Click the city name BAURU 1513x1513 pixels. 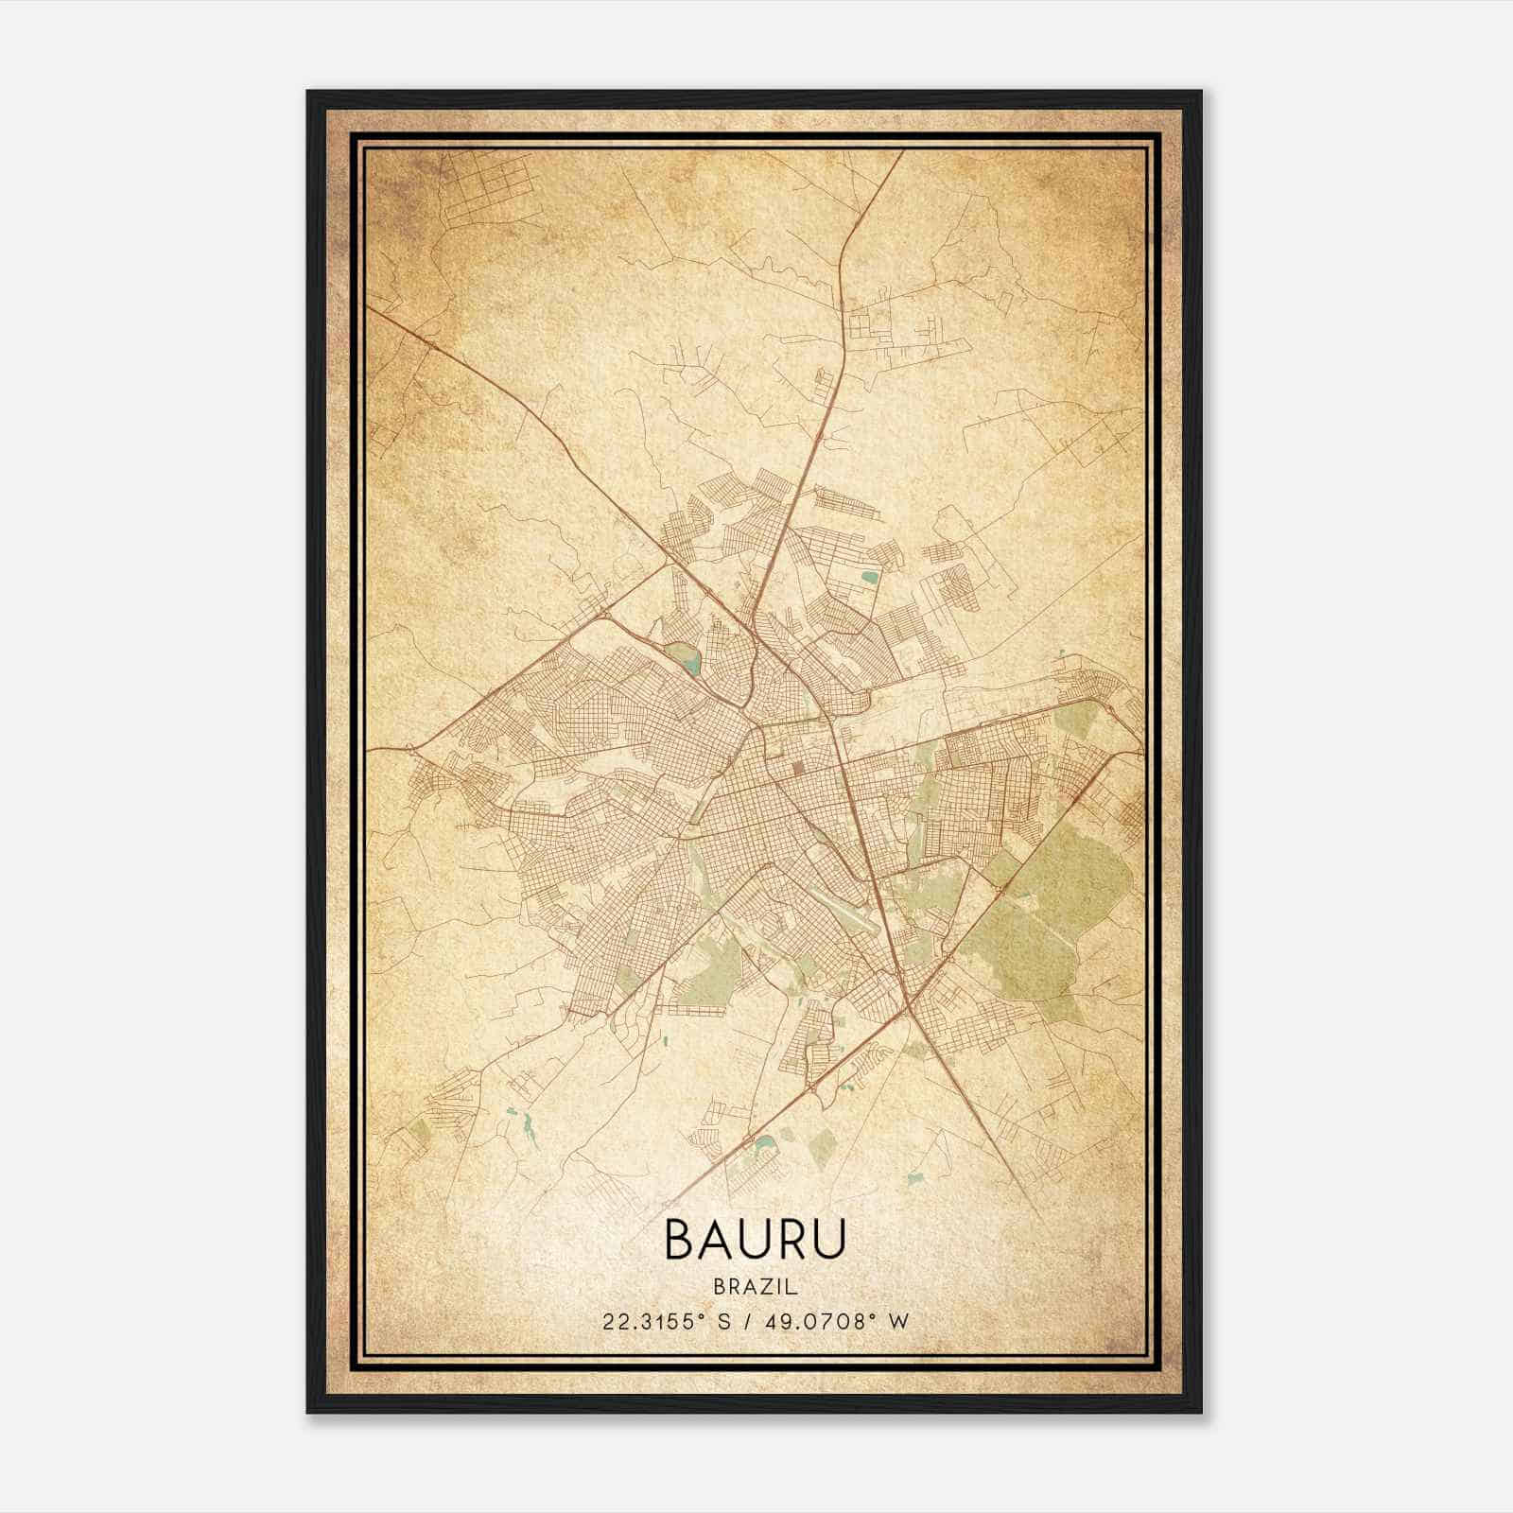tap(756, 1240)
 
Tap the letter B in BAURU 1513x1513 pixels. tap(681, 1240)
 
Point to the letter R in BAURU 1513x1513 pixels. tap(791, 1240)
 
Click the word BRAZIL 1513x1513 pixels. tap(756, 1287)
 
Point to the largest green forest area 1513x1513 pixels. tap(1050, 908)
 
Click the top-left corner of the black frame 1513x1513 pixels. tap(308, 92)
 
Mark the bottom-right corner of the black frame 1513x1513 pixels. tap(1202, 1413)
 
